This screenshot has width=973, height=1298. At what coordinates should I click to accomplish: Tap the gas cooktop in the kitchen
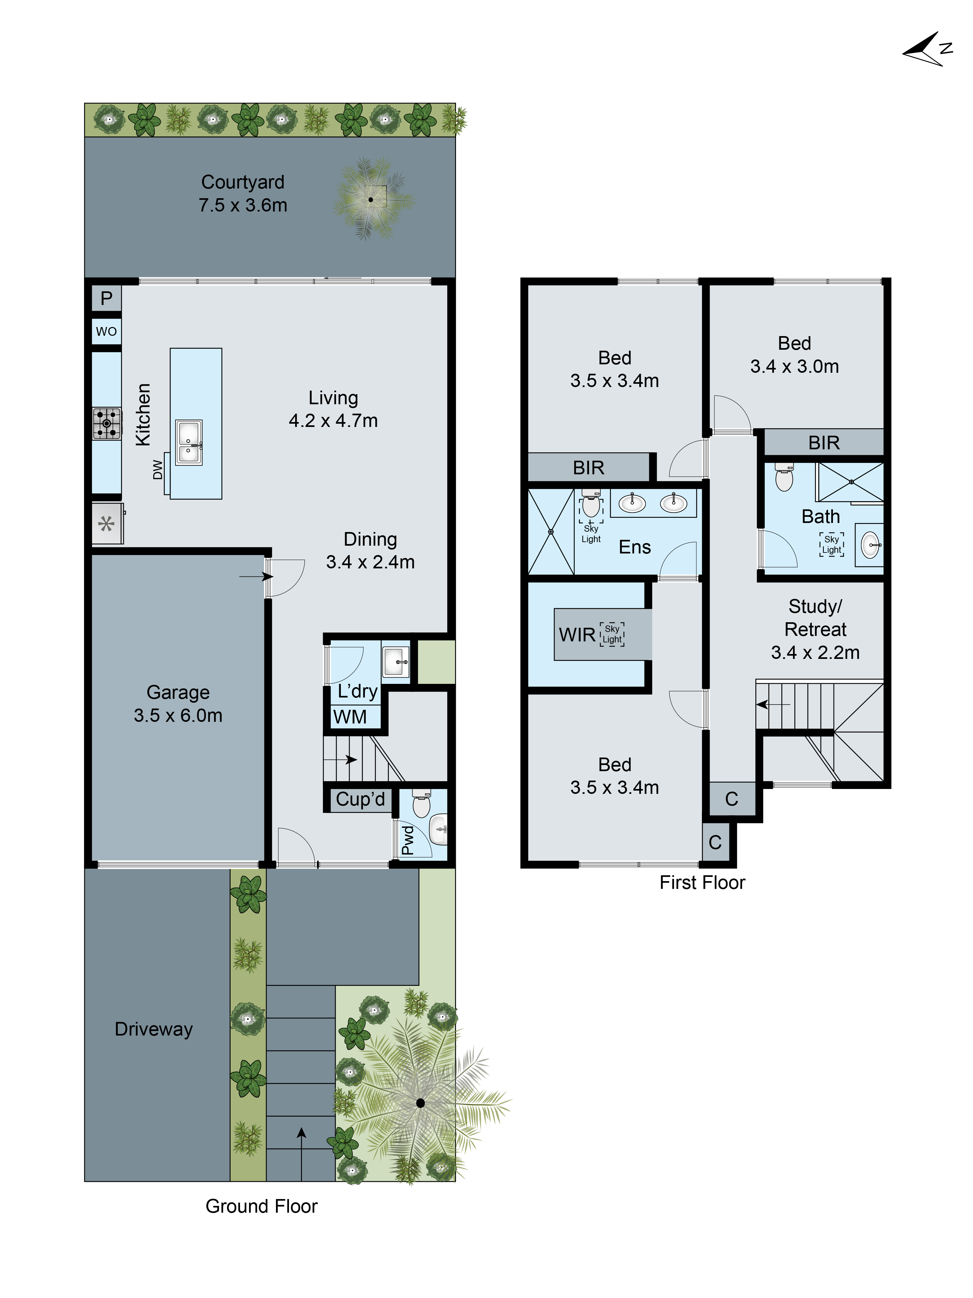[107, 423]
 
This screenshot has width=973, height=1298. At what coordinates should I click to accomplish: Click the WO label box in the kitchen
[106, 332]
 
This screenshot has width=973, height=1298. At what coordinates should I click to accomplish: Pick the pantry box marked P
[106, 298]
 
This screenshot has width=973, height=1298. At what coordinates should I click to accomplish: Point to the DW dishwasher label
[157, 469]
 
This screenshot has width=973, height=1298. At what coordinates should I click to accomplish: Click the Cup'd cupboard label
[360, 799]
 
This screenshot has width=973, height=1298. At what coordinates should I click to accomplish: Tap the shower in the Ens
[551, 532]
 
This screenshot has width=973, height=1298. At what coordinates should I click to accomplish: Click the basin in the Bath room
[871, 545]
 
